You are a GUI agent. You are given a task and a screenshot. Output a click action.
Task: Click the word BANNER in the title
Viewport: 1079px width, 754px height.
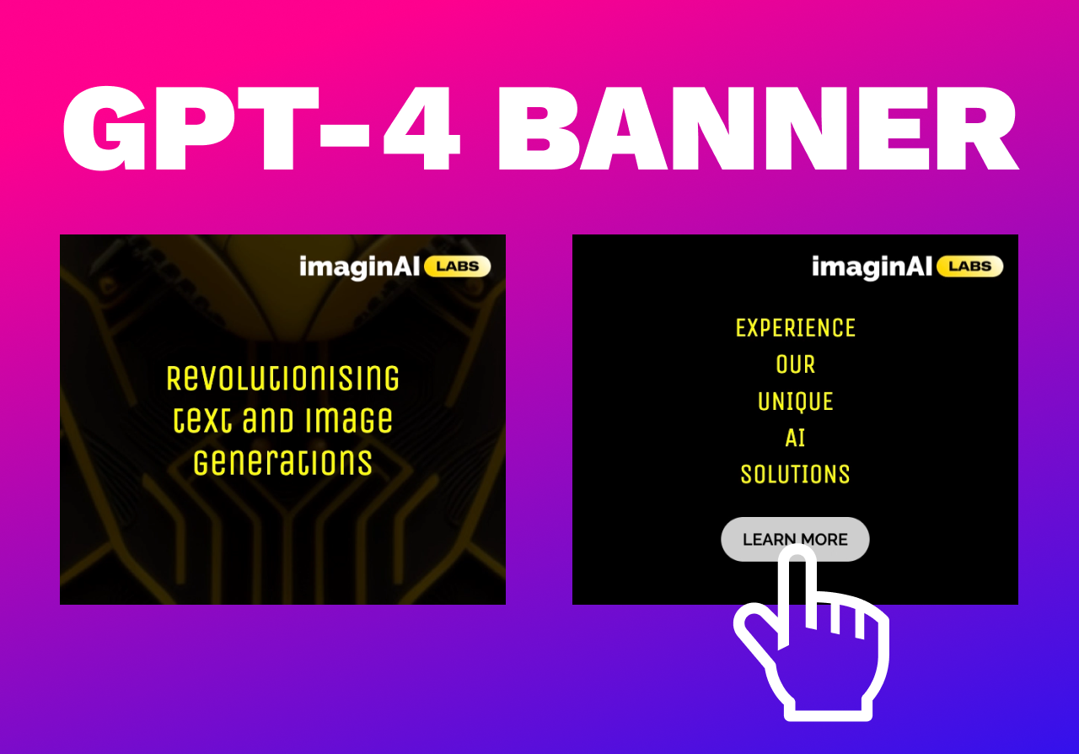(757, 128)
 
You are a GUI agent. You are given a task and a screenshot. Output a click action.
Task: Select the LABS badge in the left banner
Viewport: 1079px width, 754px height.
(458, 267)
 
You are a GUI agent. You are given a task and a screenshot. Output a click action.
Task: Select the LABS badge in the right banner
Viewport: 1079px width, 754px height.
(970, 267)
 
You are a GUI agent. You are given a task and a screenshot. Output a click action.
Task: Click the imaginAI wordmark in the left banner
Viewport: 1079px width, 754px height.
(359, 267)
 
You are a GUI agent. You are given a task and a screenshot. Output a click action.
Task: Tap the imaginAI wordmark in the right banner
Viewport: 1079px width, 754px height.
(872, 267)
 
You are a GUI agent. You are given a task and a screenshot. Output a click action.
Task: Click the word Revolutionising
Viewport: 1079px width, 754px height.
(282, 378)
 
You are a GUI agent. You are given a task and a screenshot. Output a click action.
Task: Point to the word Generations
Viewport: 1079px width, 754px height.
(282, 463)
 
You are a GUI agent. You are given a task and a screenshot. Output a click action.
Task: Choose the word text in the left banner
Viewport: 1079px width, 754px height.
(201, 420)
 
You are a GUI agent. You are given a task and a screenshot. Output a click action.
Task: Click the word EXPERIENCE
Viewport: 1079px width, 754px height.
(795, 328)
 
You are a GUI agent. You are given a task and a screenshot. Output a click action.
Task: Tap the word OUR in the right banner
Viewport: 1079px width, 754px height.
(795, 365)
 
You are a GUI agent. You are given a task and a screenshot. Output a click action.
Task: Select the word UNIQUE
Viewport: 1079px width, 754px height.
(795, 401)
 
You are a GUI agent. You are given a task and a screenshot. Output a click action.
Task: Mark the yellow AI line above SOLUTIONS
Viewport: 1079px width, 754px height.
(795, 439)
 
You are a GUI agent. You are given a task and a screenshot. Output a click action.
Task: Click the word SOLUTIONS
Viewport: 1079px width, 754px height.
(795, 475)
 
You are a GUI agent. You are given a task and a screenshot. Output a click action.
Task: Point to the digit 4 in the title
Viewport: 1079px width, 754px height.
(421, 128)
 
